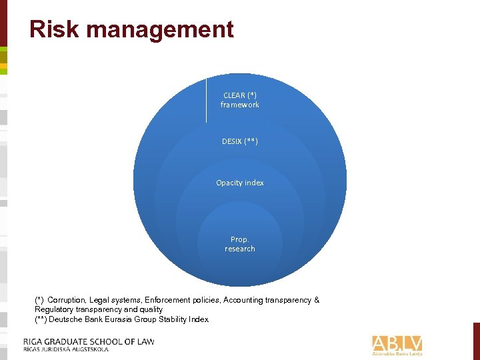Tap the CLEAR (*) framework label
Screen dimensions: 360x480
tap(240, 100)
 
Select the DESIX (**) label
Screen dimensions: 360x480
tap(240, 141)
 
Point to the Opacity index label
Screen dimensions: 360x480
tap(240, 183)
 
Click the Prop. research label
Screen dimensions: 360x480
tap(240, 244)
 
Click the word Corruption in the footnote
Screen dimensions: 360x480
tap(67, 300)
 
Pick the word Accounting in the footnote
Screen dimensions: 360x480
tap(244, 300)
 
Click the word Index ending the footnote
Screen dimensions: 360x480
tap(199, 319)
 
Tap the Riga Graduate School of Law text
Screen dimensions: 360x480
tap(89, 341)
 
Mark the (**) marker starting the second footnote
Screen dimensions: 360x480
tap(41, 319)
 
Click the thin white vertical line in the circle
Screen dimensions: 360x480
tap(206, 100)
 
